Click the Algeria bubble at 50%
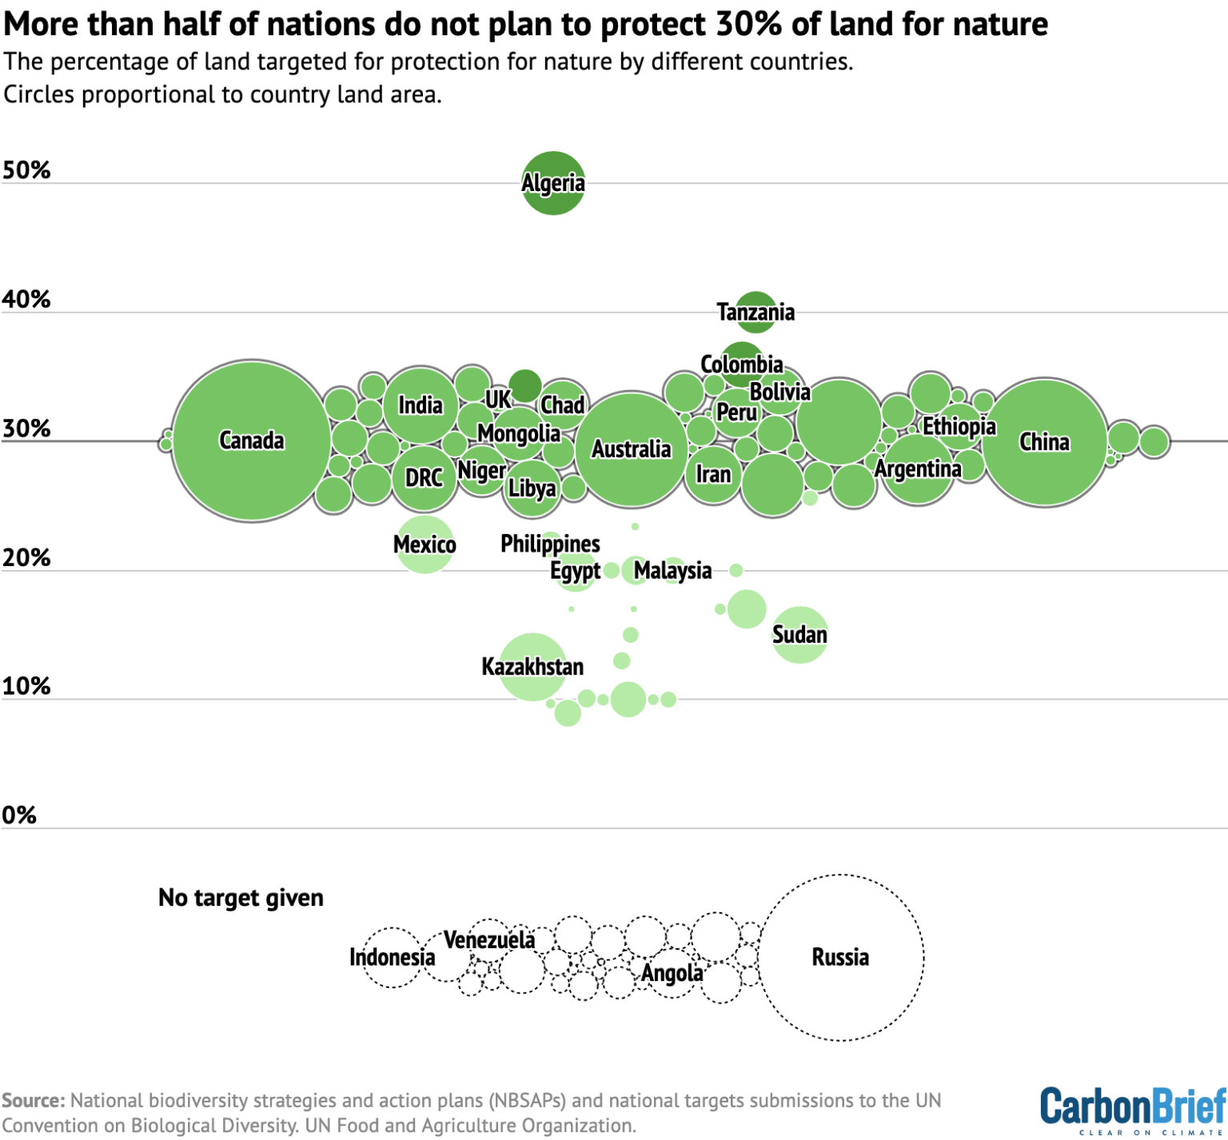point(553,183)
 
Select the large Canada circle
point(251,440)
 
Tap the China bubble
point(1044,442)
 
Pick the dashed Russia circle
point(841,957)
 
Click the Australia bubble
point(632,449)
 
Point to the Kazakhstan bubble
point(532,667)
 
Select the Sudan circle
point(799,635)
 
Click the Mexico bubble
point(425,545)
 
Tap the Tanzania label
point(756,312)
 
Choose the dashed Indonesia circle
point(392,957)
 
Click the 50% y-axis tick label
point(26,170)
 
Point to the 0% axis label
point(19,815)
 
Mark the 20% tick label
point(26,557)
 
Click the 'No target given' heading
point(241,898)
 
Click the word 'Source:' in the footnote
point(34,1101)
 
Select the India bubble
point(421,405)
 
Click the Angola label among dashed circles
point(672,973)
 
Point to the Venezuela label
point(489,940)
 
